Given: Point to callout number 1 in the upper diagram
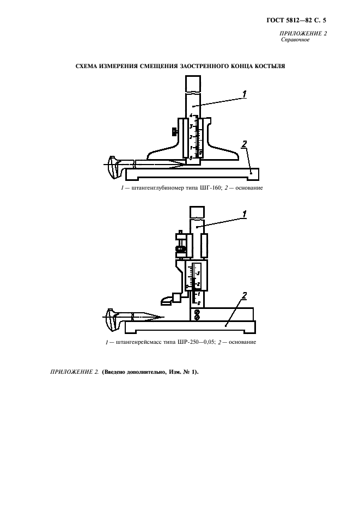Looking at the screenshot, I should click(245, 94).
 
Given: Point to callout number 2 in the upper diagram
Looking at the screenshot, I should click(245, 144).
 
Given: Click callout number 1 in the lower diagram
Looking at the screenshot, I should click(245, 214).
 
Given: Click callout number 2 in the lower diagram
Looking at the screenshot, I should click(245, 295).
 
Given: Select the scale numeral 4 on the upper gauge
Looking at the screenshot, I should click(191, 116).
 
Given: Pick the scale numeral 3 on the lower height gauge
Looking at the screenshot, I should click(198, 273).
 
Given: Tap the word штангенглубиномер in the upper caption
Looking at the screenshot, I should click(157, 188).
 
